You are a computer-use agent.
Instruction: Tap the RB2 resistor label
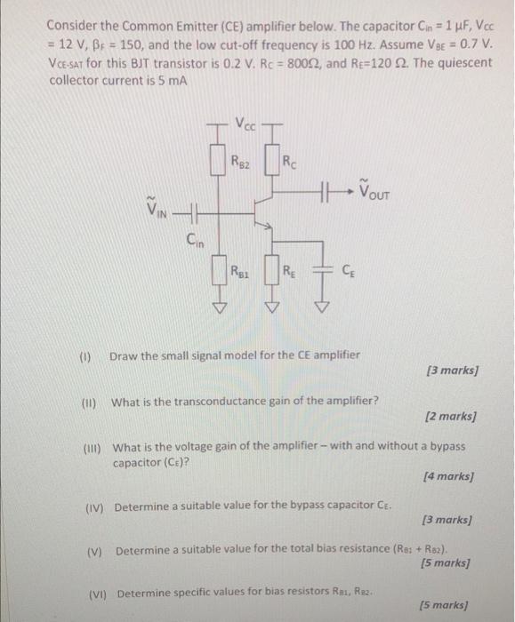240,162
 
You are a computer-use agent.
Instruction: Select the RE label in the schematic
291,272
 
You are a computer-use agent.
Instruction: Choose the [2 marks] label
451,416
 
